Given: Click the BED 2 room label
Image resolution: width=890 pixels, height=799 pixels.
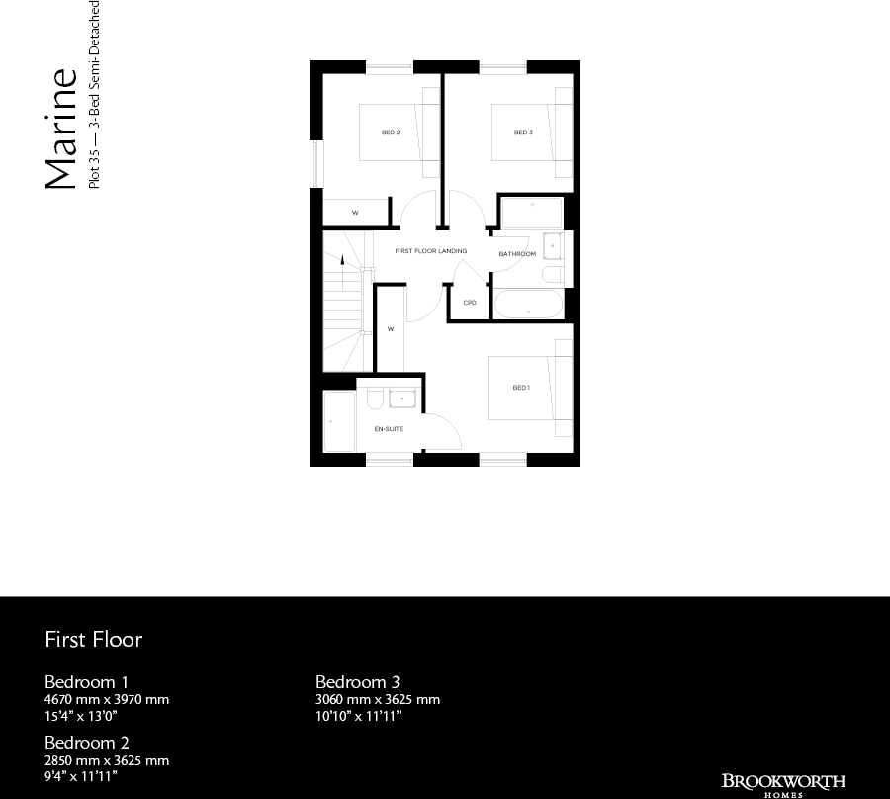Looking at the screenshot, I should click(391, 133).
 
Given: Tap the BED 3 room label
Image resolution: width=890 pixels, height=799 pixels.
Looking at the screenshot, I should click(523, 133).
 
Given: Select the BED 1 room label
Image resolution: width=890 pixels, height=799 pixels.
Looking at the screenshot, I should click(521, 388).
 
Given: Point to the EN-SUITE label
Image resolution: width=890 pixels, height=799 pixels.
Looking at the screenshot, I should click(388, 429).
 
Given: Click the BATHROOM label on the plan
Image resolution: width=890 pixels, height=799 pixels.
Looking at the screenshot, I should click(517, 254).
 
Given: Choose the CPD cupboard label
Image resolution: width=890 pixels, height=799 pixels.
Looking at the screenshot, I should click(470, 303).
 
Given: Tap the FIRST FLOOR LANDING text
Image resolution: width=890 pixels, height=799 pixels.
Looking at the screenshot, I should click(431, 251).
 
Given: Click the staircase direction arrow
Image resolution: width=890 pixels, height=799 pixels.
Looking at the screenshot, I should click(343, 261).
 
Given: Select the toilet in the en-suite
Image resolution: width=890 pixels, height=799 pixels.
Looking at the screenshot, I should click(375, 398).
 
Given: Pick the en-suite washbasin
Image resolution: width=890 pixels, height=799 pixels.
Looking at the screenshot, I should click(402, 399).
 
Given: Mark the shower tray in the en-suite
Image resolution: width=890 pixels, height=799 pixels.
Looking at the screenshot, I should click(339, 422).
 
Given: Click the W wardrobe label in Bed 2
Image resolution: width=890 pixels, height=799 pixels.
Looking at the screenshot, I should click(355, 213).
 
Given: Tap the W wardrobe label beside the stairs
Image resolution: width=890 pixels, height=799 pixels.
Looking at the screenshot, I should click(391, 328).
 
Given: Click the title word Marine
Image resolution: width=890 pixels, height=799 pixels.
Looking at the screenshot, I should click(61, 129).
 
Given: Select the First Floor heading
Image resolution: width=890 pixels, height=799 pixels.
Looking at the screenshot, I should click(94, 639).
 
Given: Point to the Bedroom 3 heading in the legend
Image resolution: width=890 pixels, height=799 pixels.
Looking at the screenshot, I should click(358, 682).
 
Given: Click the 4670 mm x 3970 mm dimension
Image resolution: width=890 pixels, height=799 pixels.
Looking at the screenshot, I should click(107, 700).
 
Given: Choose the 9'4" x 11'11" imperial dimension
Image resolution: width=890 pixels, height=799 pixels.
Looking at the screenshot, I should click(81, 777).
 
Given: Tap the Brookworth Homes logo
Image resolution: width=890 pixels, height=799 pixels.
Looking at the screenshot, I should click(783, 782).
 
